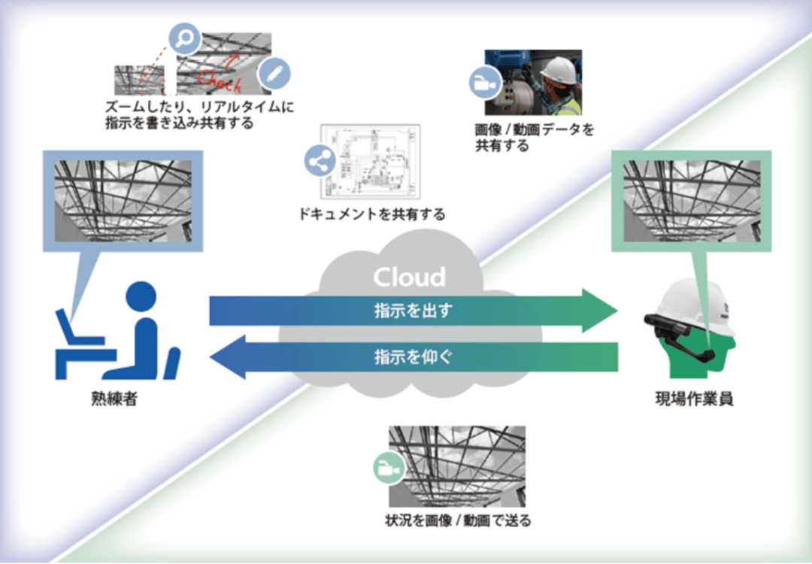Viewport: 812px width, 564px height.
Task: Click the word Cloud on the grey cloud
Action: [409, 277]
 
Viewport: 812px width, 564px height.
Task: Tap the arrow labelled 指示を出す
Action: [414, 311]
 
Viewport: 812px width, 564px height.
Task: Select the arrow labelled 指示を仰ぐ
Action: [414, 357]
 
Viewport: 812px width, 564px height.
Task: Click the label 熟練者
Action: [114, 399]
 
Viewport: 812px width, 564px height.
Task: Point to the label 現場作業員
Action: [694, 399]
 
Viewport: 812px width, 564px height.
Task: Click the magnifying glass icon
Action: [185, 38]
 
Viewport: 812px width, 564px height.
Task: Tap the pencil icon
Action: [274, 74]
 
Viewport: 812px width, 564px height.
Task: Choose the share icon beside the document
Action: [320, 161]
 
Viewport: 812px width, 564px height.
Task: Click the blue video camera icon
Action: [485, 83]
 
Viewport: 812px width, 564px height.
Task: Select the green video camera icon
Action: [389, 468]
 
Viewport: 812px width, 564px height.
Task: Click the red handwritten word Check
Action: [220, 80]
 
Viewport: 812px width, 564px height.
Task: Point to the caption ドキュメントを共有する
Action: [372, 214]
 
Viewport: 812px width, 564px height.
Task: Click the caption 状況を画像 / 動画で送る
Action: [458, 520]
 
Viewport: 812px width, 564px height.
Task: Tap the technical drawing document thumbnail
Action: [370, 162]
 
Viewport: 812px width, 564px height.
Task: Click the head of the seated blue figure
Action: [141, 296]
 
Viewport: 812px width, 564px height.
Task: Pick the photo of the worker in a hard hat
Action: [533, 83]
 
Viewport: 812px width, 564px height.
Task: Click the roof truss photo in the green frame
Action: [692, 201]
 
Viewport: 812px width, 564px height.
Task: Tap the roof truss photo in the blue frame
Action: [123, 201]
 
